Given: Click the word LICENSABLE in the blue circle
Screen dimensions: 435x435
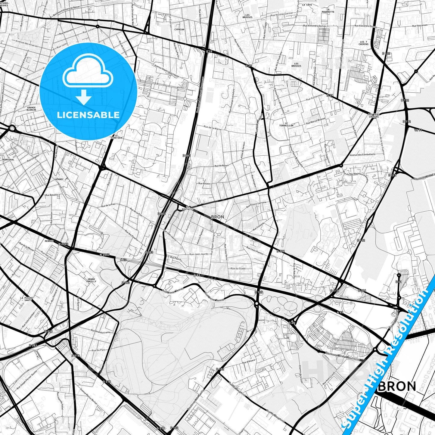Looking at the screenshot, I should [x=88, y=115].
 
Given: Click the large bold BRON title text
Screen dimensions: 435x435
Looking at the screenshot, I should [x=397, y=386].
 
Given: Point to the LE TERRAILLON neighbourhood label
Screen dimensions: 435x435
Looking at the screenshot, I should [x=286, y=124].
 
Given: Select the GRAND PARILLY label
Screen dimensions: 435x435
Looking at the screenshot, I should [x=91, y=280].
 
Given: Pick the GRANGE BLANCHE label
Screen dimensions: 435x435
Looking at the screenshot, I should [x=31, y=109].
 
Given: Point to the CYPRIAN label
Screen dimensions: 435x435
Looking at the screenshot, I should [x=179, y=30].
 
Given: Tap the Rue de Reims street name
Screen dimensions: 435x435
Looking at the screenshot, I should [x=222, y=166].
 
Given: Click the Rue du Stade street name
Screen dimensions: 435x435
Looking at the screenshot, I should [x=238, y=268].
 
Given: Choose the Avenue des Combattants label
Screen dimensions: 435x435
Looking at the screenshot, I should [x=362, y=154].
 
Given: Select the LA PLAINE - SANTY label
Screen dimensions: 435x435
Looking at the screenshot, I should [x=27, y=299].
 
